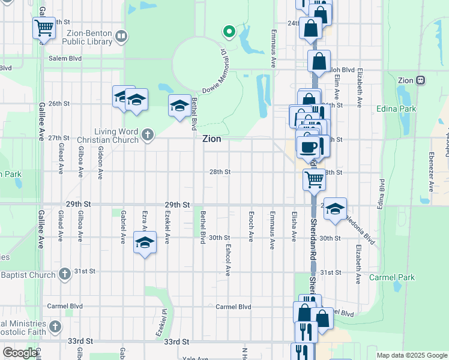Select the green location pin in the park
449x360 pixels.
click(228, 31)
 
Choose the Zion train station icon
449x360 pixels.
click(421, 80)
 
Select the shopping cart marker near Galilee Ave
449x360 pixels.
click(44, 28)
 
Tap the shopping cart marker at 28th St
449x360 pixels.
click(314, 179)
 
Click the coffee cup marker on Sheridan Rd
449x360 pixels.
click(308, 146)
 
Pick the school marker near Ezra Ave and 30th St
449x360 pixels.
click(144, 242)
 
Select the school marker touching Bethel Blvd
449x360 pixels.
click(179, 106)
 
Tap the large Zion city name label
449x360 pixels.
click(211, 139)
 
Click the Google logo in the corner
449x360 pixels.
click(20, 353)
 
